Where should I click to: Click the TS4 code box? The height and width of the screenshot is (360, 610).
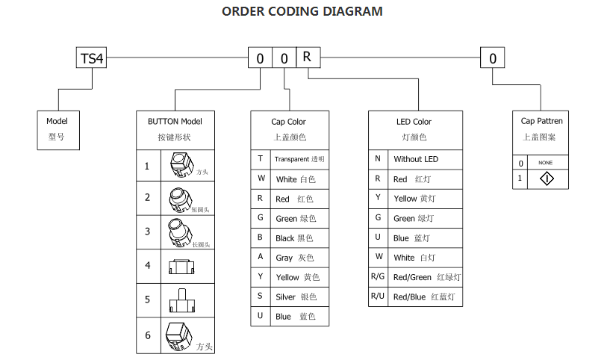(92, 58)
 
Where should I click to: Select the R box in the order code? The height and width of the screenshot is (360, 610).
(307, 58)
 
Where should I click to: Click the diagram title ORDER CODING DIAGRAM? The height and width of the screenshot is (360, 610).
(302, 11)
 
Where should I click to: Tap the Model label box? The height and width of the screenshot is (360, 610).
(57, 129)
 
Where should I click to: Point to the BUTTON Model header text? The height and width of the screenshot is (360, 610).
(175, 121)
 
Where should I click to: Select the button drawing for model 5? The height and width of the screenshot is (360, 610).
(181, 300)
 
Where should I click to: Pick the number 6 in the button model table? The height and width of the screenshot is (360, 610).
(148, 335)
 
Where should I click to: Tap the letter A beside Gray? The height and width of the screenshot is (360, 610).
(261, 257)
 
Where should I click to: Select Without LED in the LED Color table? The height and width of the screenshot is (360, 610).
(416, 159)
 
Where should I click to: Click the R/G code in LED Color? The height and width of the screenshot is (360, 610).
(378, 277)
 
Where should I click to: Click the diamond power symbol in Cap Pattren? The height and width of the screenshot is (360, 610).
(547, 179)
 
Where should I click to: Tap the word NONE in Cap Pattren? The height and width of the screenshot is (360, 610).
(545, 163)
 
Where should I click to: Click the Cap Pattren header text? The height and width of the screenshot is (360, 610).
(541, 121)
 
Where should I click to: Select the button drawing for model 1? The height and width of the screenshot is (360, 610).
(179, 164)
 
